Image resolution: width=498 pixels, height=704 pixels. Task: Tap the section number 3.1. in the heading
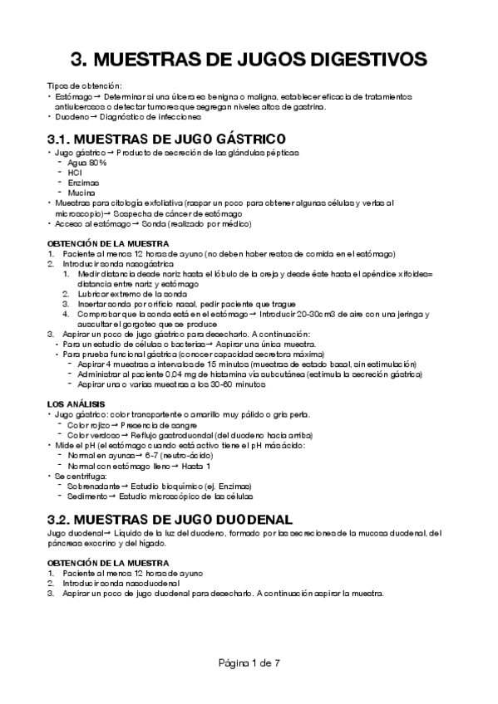point(65,137)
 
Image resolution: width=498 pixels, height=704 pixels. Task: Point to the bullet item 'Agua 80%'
point(87,163)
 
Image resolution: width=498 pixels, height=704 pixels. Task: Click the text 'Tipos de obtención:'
point(85,86)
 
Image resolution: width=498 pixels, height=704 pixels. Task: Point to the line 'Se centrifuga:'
point(81,476)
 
